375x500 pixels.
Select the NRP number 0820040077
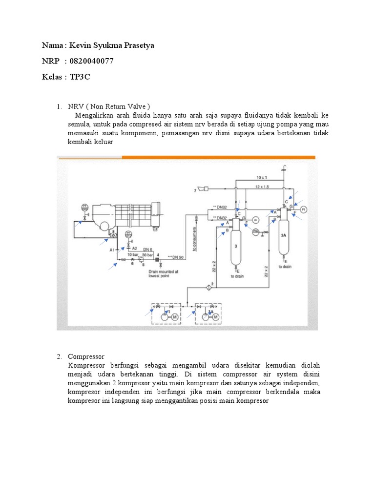point(92,61)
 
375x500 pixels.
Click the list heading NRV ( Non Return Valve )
point(109,106)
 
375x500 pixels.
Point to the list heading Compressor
point(86,356)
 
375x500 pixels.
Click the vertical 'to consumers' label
point(195,239)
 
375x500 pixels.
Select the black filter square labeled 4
point(157,259)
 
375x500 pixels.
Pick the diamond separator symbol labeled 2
point(207,285)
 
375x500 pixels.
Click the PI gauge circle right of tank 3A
point(303,209)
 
